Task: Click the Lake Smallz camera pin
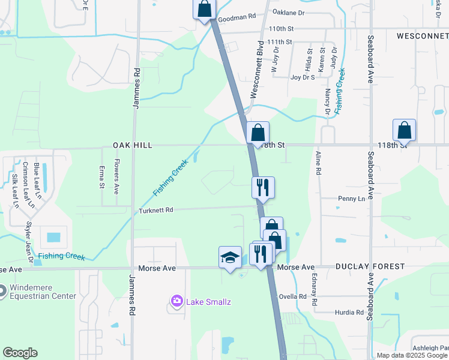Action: (177, 301)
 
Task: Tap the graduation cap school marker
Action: (230, 257)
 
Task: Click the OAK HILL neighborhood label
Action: (133, 145)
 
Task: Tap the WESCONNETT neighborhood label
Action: (422, 36)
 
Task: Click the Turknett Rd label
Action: (156, 211)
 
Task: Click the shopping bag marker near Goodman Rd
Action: (204, 9)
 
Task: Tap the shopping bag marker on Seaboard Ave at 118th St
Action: (405, 130)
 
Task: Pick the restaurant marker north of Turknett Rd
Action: (262, 187)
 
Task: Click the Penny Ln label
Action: (352, 199)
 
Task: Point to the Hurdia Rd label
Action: (350, 313)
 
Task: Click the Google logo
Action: (20, 353)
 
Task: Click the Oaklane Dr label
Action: (288, 12)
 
